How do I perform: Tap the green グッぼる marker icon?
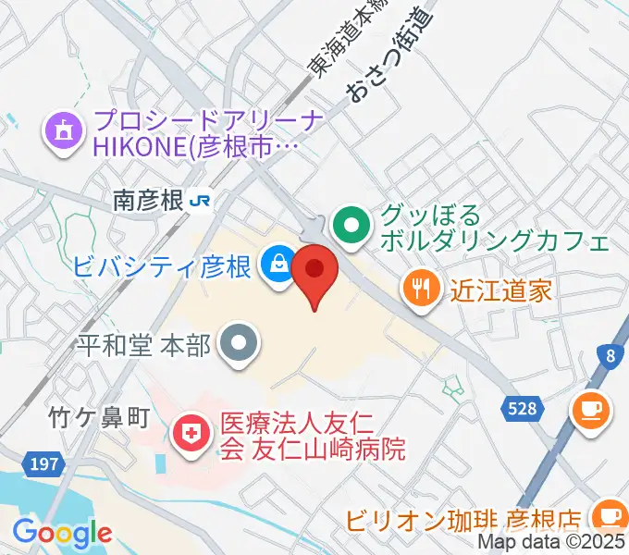tap(351, 224)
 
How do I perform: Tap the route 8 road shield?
tap(610, 355)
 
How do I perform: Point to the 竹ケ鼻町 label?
tap(98, 418)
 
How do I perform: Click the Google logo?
tap(62, 533)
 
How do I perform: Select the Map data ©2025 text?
tap(552, 543)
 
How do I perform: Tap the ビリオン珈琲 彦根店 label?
tap(475, 519)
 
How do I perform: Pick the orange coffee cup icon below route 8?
tap(591, 409)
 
